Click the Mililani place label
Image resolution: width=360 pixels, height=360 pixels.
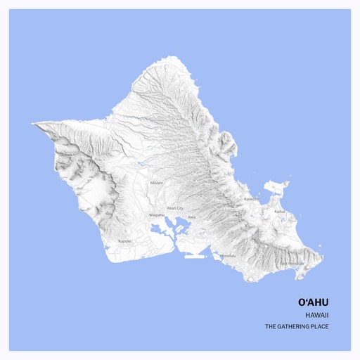[x=156, y=183]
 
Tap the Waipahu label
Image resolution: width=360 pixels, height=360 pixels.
[x=156, y=214]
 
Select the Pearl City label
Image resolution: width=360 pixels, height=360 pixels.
[x=175, y=209]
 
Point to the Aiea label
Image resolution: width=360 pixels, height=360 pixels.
[x=191, y=217]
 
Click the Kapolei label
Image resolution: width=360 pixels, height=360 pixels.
[x=125, y=241]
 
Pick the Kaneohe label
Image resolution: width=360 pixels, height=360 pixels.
[x=251, y=199]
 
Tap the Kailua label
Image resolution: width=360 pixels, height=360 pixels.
[x=279, y=211]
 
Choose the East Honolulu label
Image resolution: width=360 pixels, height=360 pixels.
[x=292, y=264]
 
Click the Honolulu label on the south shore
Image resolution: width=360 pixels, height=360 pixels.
[x=228, y=255]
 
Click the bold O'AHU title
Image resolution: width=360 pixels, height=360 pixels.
[x=313, y=302]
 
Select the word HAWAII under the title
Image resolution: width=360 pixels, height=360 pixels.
[x=317, y=315]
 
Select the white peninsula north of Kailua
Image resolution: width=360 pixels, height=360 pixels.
[x=278, y=187]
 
